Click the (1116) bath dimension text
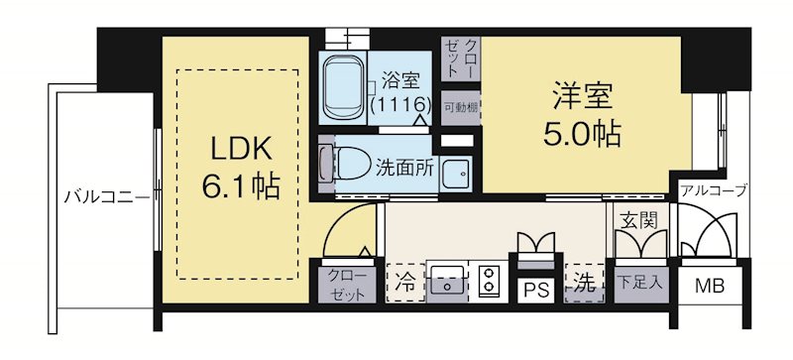coord(399,103)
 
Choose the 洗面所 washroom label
coord(404,168)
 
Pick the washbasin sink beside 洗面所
coord(456,175)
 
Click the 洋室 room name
coord(581,97)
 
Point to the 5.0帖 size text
coord(581,133)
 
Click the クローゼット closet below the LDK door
coord(343,282)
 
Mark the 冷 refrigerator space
coord(404,281)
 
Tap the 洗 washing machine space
coord(584,281)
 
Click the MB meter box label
coord(708,289)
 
